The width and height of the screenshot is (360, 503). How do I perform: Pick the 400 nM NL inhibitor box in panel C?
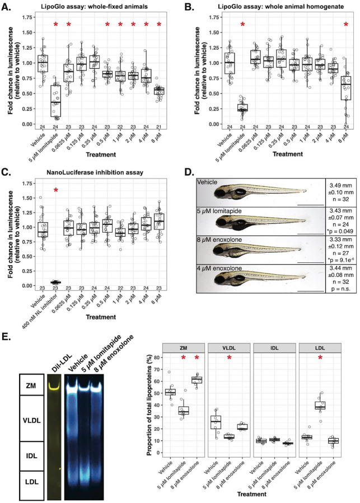point(56,282)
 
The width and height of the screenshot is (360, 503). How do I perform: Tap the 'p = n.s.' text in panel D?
point(342,288)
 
